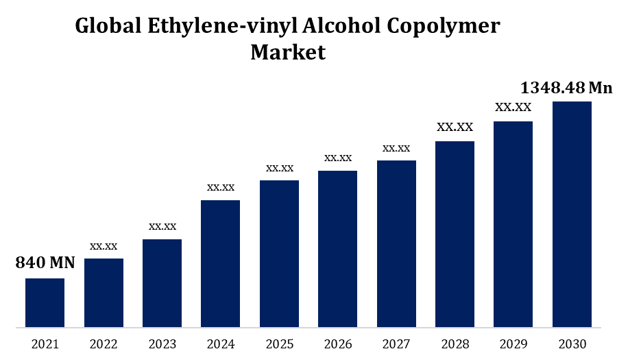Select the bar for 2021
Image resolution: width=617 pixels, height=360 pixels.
coord(45,302)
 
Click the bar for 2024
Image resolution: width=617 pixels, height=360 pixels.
coord(220,263)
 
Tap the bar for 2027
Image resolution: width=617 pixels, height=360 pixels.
coord(396,243)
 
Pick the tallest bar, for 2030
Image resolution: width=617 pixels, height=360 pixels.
coord(572,214)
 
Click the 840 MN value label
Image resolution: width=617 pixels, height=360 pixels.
coord(45,263)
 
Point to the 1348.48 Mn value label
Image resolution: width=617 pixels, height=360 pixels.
coord(566,88)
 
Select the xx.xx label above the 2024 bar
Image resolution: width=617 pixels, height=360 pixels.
coord(221,187)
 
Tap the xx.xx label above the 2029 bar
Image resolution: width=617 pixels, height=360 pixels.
coord(513,107)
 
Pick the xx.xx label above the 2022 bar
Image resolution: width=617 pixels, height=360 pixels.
coord(104,246)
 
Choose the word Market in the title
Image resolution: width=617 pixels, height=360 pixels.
coord(288,52)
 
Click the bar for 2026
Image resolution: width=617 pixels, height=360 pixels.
coord(338,248)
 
